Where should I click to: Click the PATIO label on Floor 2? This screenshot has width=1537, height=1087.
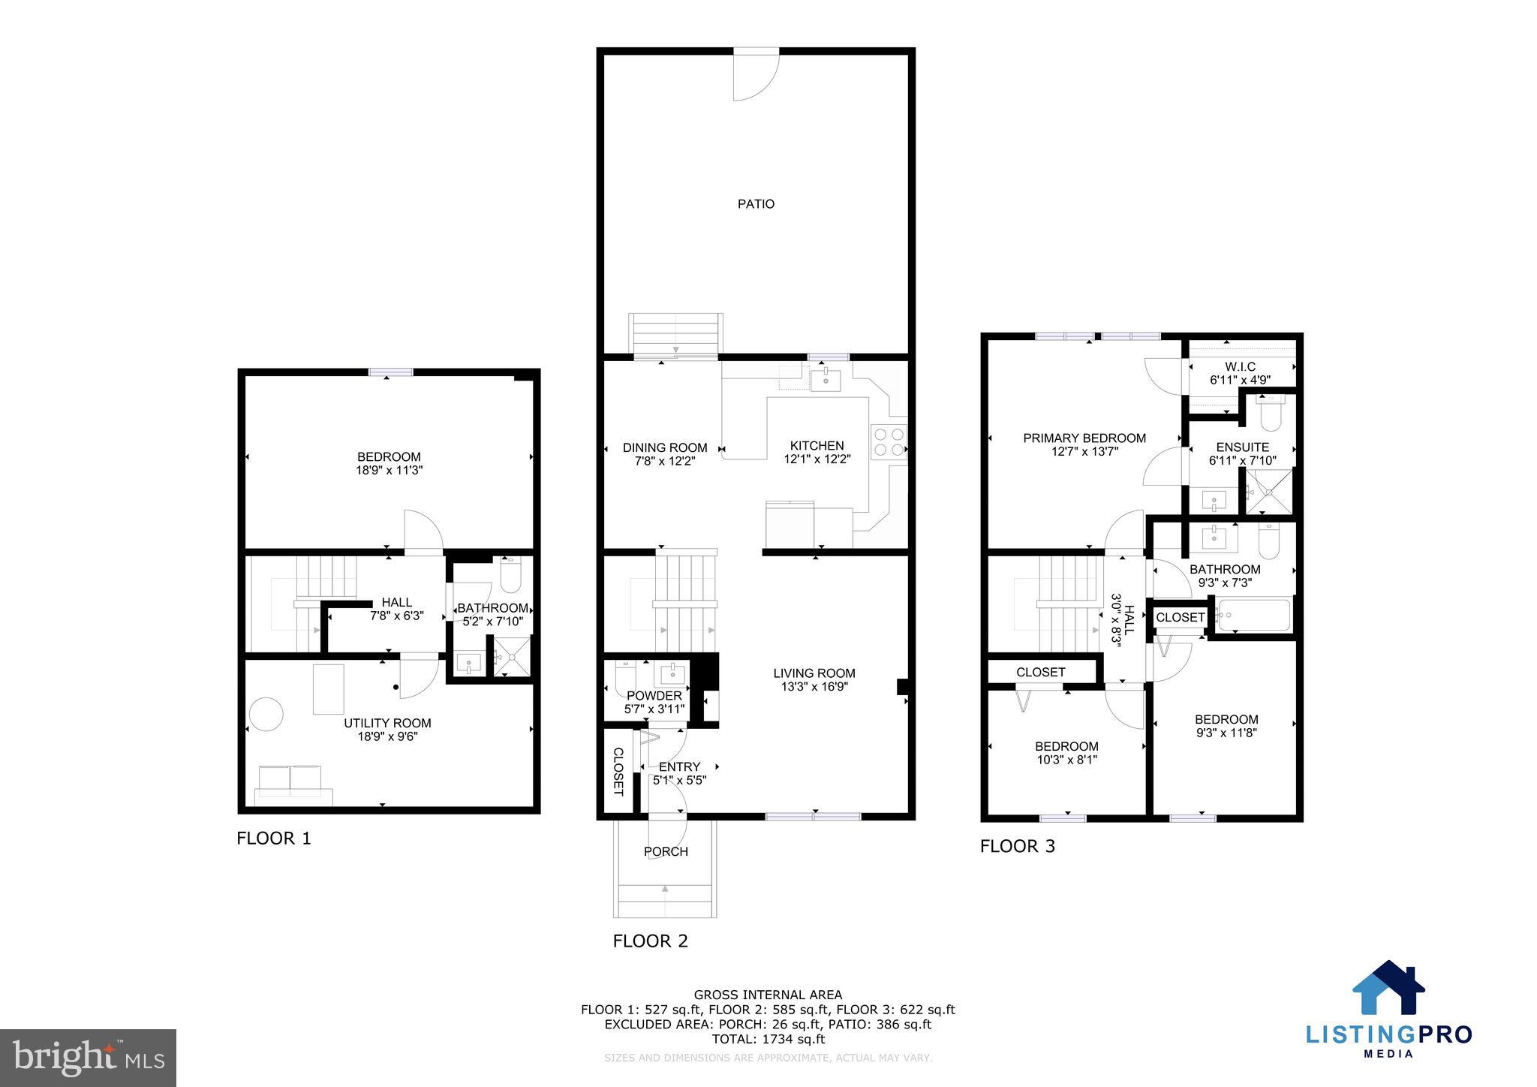tap(755, 204)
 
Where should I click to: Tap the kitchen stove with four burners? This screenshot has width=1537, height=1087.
tap(889, 442)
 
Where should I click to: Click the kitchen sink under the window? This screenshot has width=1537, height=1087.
tap(826, 380)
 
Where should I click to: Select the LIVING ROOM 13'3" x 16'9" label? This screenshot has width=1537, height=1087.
tap(814, 680)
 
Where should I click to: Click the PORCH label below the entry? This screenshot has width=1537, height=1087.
tap(666, 851)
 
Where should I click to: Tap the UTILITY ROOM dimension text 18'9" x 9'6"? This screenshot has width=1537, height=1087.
tap(387, 737)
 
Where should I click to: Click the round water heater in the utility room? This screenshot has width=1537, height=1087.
tap(266, 714)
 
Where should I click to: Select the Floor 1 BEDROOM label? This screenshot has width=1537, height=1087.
tap(389, 456)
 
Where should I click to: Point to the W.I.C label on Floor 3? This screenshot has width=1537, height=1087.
tap(1240, 366)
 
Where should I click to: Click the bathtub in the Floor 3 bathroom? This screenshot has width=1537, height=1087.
tap(1254, 616)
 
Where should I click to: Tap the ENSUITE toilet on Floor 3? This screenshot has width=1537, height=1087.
tap(1271, 413)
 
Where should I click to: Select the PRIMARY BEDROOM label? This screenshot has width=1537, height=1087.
tap(1084, 438)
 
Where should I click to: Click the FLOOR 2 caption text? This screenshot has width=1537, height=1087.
tap(650, 941)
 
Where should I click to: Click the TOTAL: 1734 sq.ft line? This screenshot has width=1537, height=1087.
tap(768, 1039)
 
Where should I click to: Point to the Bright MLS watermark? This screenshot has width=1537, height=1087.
tap(88, 1058)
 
